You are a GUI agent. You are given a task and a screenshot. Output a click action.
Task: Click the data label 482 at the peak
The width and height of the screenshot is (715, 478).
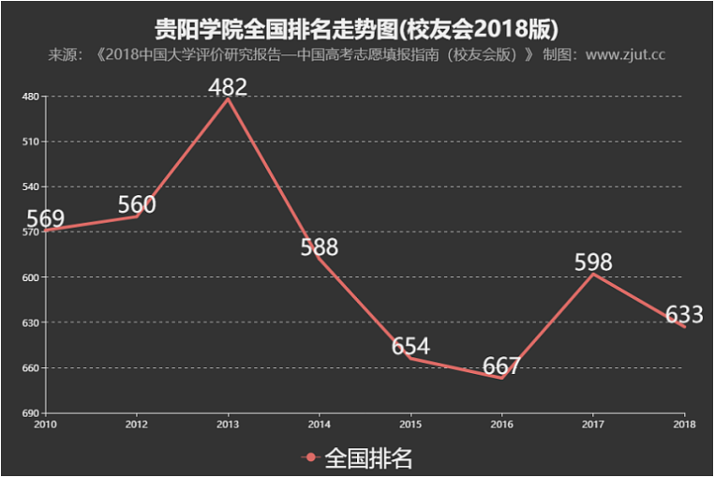[x=228, y=87]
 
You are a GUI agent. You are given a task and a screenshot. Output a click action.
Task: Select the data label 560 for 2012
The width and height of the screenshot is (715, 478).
[x=137, y=204]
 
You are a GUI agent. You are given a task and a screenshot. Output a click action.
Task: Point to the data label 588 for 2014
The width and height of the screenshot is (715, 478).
[x=319, y=247]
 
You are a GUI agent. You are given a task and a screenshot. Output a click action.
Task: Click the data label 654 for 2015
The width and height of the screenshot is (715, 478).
[x=410, y=346]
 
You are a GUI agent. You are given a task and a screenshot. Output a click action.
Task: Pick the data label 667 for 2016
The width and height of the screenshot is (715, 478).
[x=501, y=366]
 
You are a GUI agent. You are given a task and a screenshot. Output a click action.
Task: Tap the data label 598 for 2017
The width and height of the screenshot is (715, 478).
[x=593, y=261]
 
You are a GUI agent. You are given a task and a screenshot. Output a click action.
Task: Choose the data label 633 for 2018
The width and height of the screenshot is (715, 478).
[x=684, y=315]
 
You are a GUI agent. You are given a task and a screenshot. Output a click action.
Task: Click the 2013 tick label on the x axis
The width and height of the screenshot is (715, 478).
[x=228, y=423]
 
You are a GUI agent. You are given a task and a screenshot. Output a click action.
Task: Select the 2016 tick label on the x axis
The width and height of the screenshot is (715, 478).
[x=501, y=423]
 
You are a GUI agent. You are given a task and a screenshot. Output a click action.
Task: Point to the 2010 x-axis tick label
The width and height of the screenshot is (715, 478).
[x=45, y=423]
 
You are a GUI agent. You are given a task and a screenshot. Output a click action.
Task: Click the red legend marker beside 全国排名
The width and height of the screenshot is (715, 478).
[x=311, y=457]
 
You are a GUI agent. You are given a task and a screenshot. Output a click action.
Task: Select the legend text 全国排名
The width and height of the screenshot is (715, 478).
[x=368, y=457]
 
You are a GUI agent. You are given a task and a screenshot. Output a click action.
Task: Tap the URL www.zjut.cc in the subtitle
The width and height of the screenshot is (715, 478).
[x=625, y=54]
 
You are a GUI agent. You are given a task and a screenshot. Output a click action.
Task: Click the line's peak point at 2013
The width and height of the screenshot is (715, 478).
[x=228, y=98]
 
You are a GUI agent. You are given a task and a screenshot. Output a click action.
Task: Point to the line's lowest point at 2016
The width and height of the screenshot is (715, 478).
[x=501, y=378]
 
